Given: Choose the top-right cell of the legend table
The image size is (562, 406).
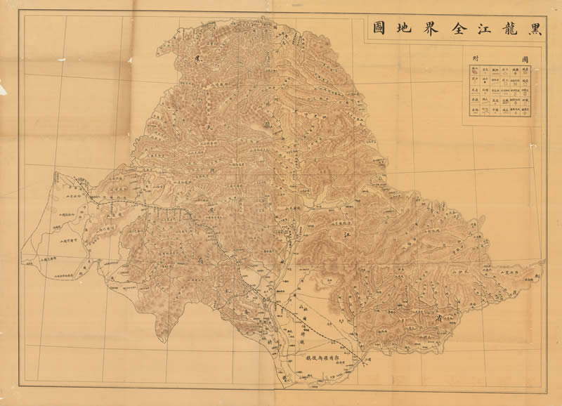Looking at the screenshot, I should (524, 71).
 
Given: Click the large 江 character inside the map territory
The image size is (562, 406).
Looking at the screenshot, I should (345, 238).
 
